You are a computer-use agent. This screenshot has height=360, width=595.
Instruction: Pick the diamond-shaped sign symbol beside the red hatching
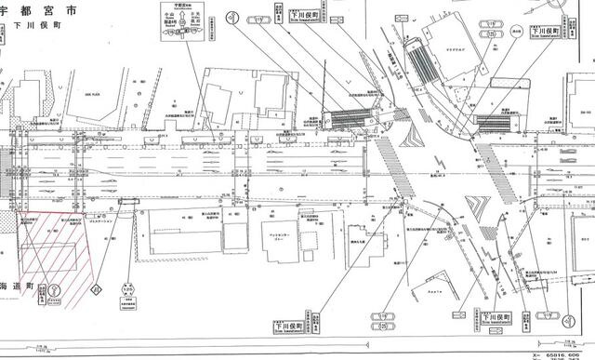pos(94,290)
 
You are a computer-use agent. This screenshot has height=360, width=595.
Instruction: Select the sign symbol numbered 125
pos(129,290)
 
